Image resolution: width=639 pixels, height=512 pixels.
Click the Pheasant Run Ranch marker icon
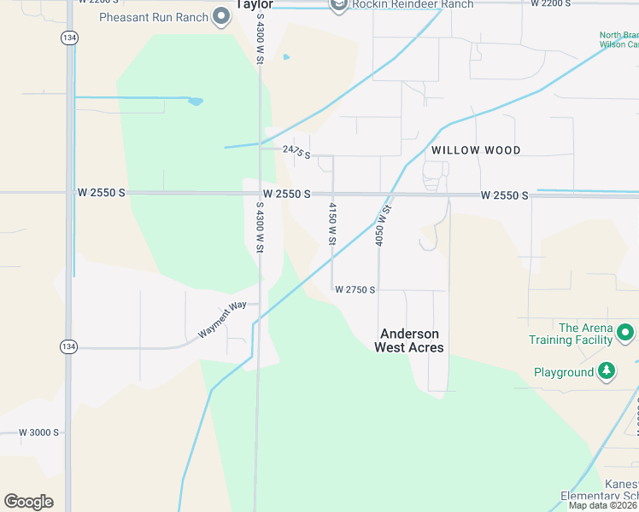tap(222, 16)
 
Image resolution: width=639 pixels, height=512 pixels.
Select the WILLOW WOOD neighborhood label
tap(476, 150)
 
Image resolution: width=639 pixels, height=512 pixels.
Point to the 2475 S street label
tap(296, 152)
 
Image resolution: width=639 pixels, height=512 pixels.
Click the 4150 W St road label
tap(332, 224)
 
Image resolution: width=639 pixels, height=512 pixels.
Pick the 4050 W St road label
tap(384, 226)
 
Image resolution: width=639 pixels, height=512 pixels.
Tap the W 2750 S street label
tap(355, 290)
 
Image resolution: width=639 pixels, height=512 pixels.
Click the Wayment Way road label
tap(222, 320)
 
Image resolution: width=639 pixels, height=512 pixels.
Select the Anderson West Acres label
tap(409, 340)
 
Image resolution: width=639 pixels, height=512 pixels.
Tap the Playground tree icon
tap(607, 371)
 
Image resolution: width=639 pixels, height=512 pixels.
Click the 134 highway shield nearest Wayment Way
tap(67, 346)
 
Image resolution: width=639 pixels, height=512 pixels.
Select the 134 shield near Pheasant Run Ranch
tap(67, 38)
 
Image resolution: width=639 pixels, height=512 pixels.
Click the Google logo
tap(28, 502)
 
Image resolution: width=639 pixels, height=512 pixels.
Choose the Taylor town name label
tap(254, 3)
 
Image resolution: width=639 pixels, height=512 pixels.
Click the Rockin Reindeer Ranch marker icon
tap(338, 5)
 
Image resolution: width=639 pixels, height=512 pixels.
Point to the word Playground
tap(564, 373)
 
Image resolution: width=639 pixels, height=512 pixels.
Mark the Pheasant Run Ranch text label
tap(154, 17)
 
